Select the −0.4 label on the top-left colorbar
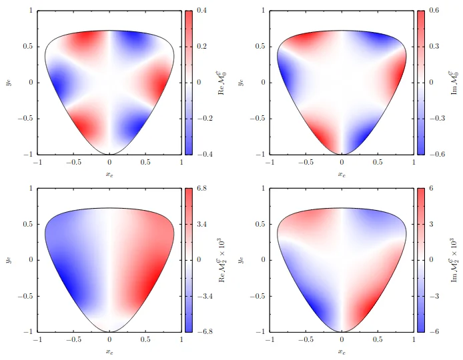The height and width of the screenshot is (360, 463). click(x=203, y=154)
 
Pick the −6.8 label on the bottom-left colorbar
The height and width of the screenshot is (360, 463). click(x=203, y=331)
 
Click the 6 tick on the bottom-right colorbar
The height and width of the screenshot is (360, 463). click(x=431, y=189)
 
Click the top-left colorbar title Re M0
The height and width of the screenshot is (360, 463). click(x=223, y=82)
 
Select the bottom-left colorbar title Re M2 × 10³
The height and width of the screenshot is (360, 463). click(x=223, y=259)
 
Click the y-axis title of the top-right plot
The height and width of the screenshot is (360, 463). click(x=240, y=82)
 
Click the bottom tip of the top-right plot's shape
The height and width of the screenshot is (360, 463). click(x=342, y=154)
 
